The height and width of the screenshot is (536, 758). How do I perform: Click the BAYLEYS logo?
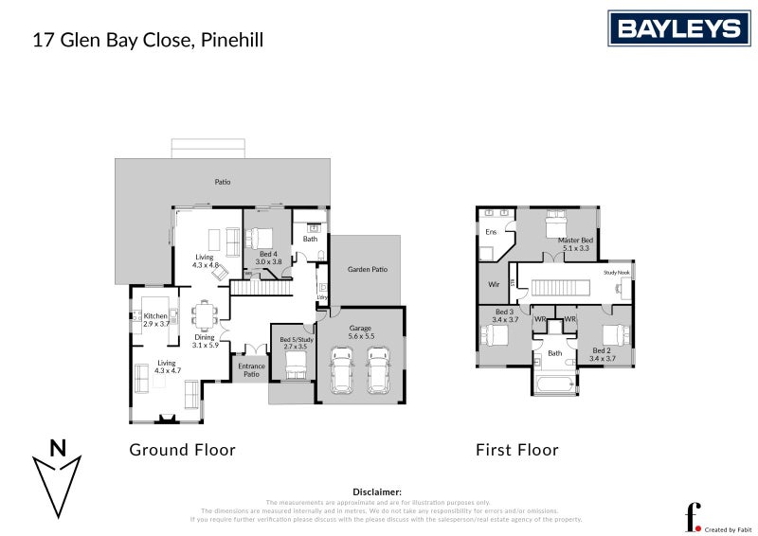pos(678,28)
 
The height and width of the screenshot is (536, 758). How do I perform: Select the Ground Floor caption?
pos(182,450)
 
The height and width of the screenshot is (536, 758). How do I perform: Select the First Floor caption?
pos(516,450)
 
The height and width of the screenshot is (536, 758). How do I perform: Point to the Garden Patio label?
pos(367,270)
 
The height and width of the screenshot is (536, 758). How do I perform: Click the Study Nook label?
pos(617,273)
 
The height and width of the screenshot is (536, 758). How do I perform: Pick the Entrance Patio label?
pos(251,370)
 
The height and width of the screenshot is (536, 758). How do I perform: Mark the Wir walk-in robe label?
pos(494,284)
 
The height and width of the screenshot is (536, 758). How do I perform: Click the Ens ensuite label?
pos(491,232)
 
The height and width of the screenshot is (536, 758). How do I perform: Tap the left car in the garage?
pos(342,371)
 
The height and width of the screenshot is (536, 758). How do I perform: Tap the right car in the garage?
pos(379,371)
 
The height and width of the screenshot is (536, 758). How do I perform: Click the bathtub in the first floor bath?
pos(554,384)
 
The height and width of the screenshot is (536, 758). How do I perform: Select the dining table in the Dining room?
pos(204,313)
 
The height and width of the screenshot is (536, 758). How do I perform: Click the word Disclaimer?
pos(377,491)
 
